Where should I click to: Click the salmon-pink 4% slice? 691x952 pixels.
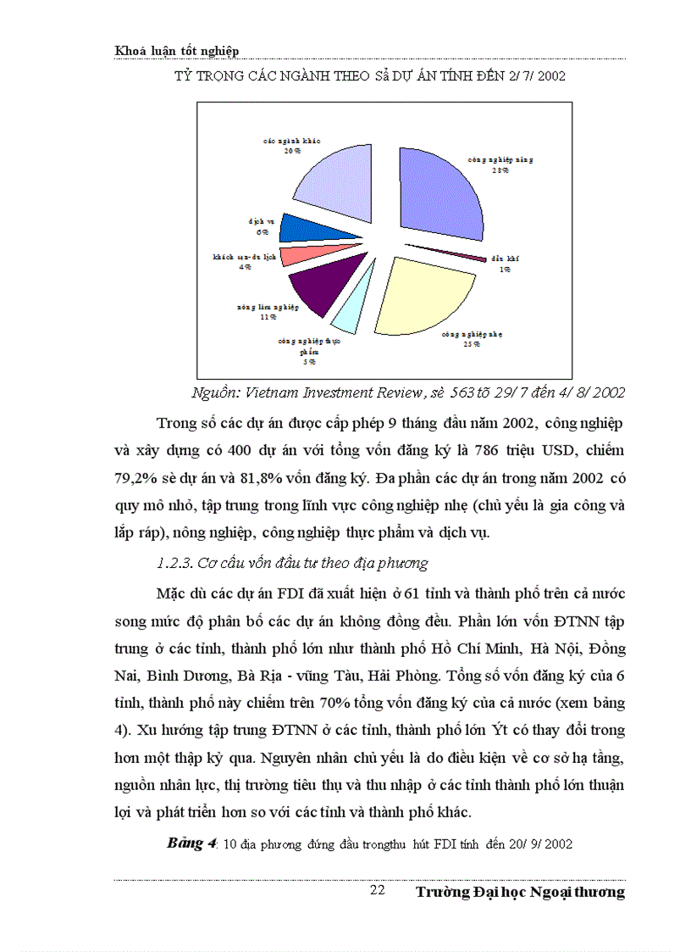299,253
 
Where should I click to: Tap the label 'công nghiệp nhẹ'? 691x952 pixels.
472,335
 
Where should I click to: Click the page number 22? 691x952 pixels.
378,891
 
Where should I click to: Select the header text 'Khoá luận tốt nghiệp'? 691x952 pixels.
176,51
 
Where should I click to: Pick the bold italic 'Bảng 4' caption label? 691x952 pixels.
192,843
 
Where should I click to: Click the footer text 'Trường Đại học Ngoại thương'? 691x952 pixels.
521,892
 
